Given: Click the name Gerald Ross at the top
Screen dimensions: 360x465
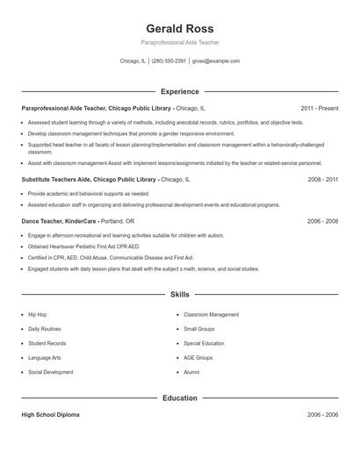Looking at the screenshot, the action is click(x=179, y=28).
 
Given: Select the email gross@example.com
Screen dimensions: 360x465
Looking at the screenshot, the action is click(x=216, y=61).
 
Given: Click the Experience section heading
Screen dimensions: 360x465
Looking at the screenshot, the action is click(x=179, y=91).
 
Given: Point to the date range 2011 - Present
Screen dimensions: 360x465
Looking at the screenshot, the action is click(x=319, y=108).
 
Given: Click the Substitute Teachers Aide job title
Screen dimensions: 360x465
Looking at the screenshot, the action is click(x=89, y=179).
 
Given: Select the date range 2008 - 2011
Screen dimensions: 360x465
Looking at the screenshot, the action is click(x=322, y=179).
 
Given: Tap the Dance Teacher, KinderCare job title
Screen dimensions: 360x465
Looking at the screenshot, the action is click(x=60, y=221).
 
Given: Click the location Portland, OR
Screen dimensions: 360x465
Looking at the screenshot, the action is click(x=118, y=221).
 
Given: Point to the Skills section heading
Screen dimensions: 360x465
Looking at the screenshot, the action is click(x=179, y=295).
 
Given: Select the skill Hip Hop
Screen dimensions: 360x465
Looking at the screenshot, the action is click(x=38, y=314).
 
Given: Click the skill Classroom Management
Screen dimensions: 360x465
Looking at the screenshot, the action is click(x=211, y=314).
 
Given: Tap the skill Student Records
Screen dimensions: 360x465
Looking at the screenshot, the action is click(x=47, y=343).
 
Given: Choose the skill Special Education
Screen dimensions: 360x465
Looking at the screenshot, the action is click(x=204, y=343).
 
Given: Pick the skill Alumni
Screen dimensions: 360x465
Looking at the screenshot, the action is click(x=191, y=372).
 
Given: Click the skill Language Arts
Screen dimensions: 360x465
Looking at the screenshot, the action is click(x=45, y=358).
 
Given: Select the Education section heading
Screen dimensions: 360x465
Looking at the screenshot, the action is click(x=179, y=398).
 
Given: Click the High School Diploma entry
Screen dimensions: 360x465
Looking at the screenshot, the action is click(x=50, y=414).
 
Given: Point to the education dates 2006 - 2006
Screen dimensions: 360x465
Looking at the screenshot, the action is click(x=322, y=414).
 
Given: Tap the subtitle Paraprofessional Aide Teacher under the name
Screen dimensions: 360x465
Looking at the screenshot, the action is click(x=179, y=42).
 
